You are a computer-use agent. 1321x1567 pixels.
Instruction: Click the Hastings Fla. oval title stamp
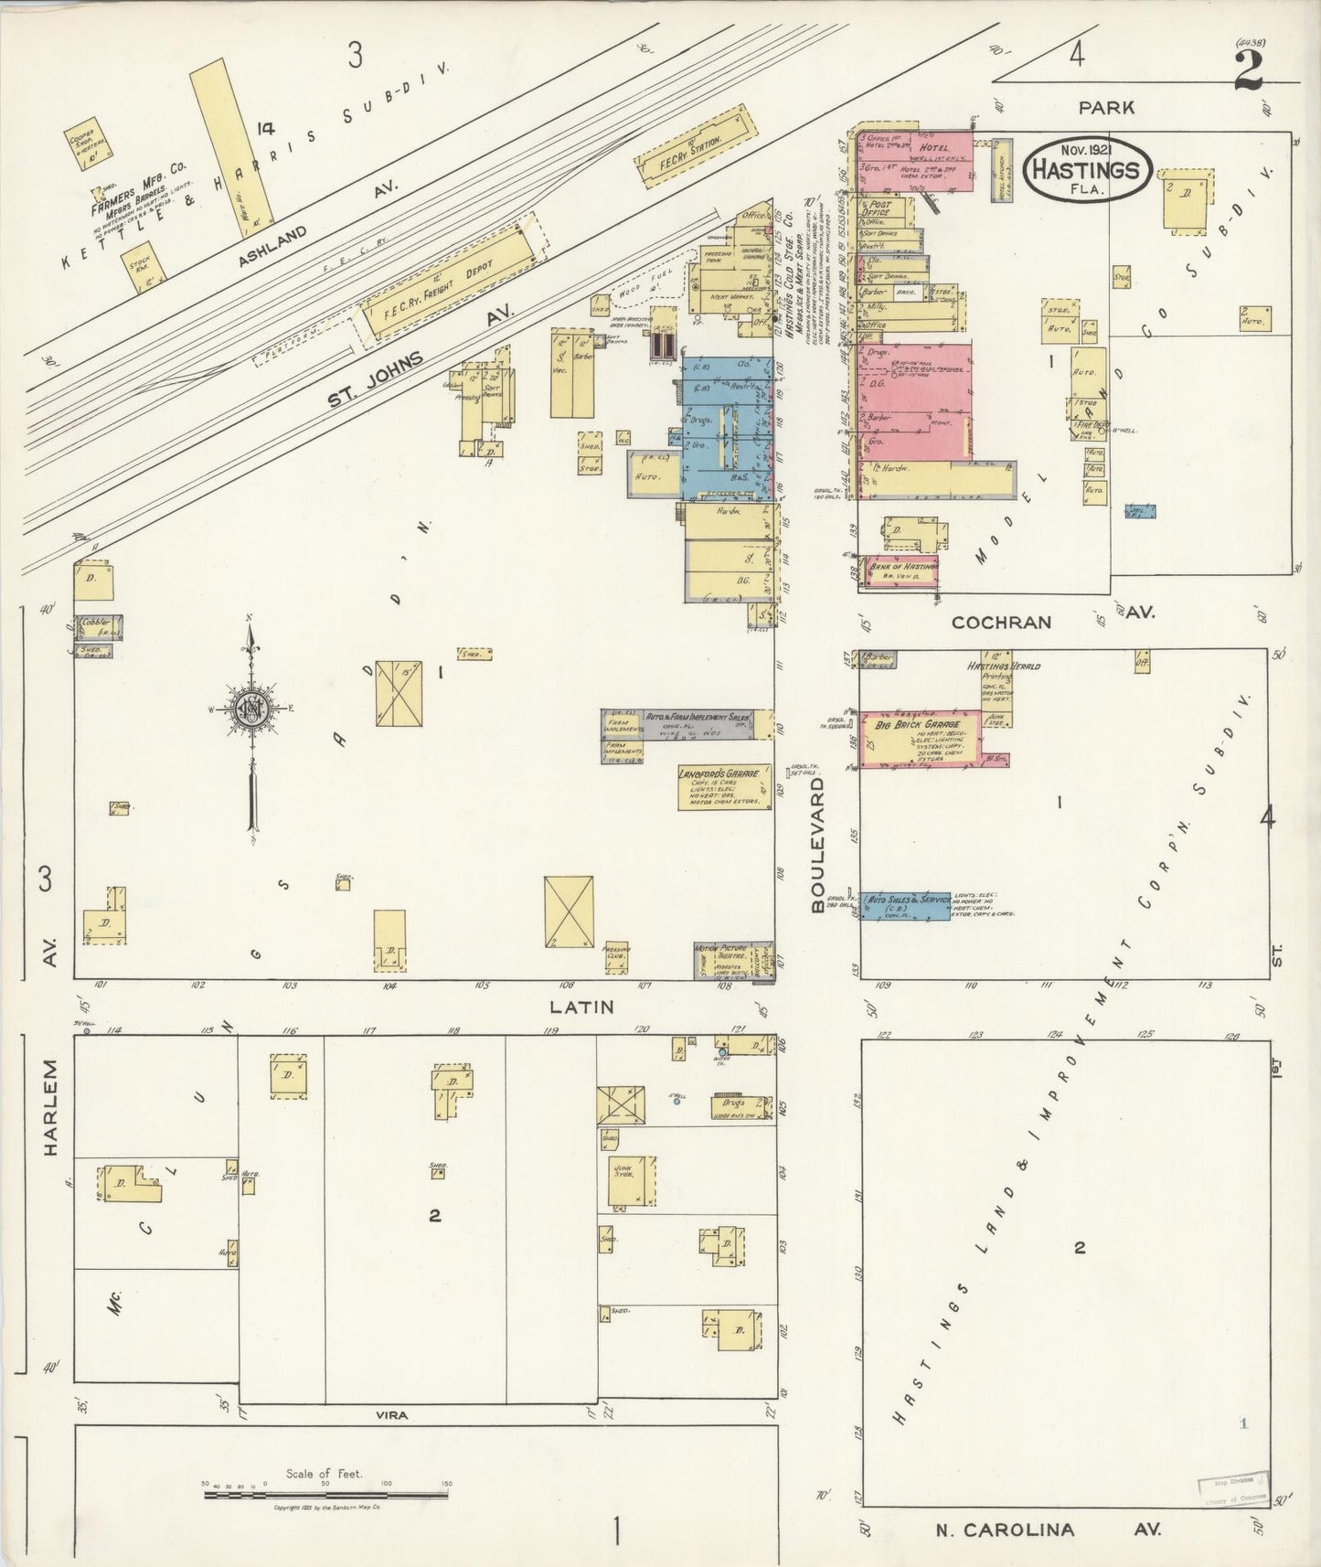pyautogui.click(x=1086, y=169)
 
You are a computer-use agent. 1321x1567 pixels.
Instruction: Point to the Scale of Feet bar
pyautogui.click(x=326, y=1495)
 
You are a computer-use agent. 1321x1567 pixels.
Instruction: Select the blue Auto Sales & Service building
pyautogui.click(x=905, y=904)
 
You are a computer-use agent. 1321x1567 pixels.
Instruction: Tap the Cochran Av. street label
pyautogui.click(x=1001, y=622)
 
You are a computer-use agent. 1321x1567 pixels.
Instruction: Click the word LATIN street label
pyautogui.click(x=581, y=1007)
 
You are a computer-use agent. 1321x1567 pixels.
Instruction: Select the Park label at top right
pyautogui.click(x=1106, y=107)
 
